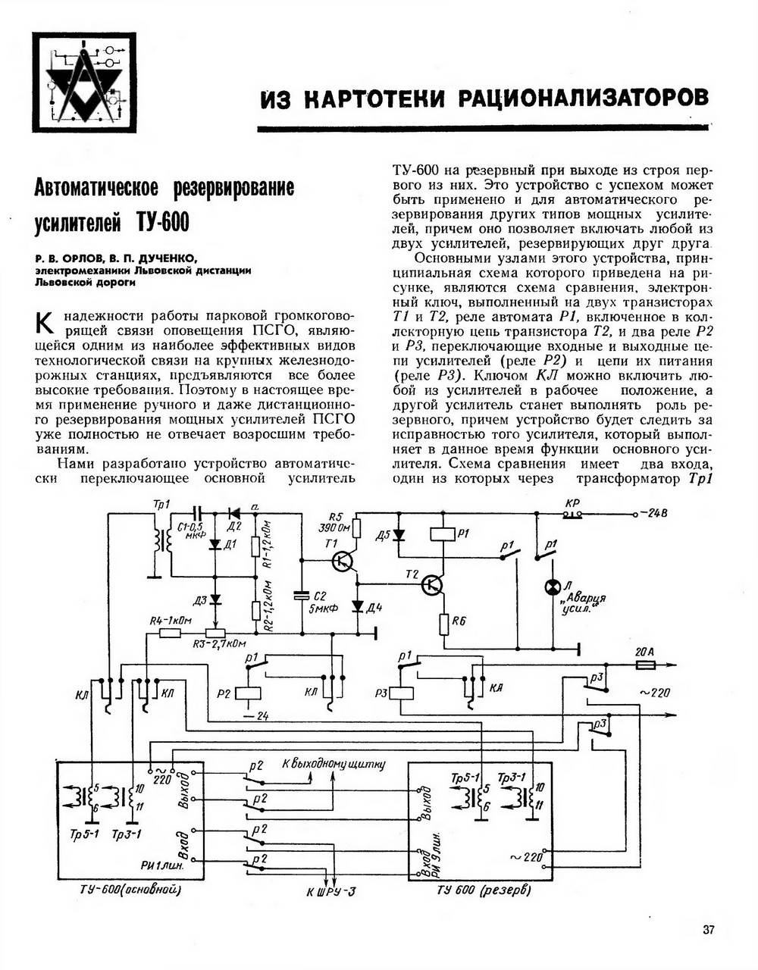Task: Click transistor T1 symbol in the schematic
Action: (x=343, y=561)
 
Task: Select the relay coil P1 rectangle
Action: (x=443, y=534)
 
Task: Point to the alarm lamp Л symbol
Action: (x=553, y=587)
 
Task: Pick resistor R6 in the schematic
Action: (x=443, y=624)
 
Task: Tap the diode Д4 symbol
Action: (x=358, y=605)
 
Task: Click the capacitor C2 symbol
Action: (x=302, y=596)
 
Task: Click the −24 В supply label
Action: (x=653, y=513)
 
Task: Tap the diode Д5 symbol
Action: (x=398, y=535)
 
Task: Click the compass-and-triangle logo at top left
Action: (x=84, y=83)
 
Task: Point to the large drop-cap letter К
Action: (x=45, y=323)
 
